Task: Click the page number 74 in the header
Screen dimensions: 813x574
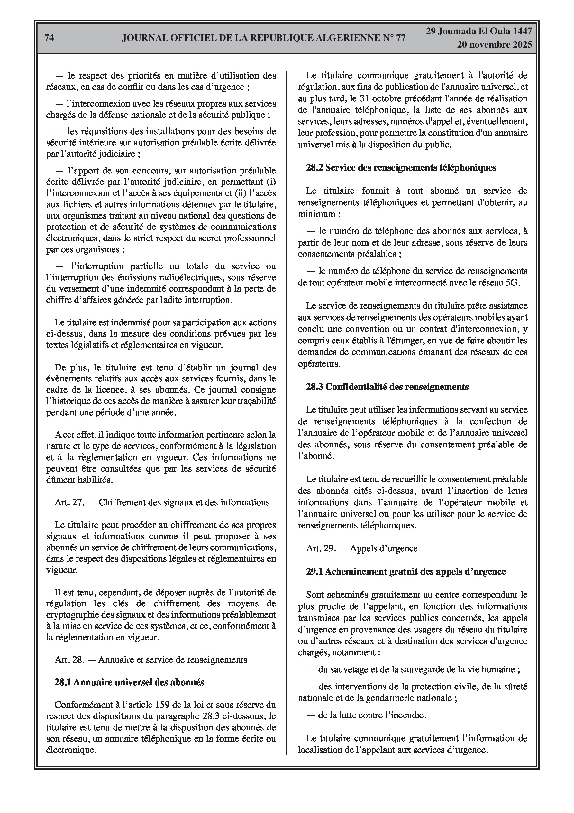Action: click(x=50, y=38)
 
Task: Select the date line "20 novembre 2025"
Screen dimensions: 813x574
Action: click(x=494, y=45)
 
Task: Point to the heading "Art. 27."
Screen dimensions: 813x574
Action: click(x=69, y=502)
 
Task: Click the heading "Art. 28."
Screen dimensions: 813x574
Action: click(x=69, y=660)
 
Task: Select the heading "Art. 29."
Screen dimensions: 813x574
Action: click(x=321, y=548)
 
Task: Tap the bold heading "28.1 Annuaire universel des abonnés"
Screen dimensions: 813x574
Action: click(x=129, y=682)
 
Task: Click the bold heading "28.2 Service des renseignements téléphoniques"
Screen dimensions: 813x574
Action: click(x=401, y=167)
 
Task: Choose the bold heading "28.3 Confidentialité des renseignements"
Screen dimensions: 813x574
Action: click(x=387, y=387)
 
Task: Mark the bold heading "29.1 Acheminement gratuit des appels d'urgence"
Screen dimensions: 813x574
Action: click(x=406, y=572)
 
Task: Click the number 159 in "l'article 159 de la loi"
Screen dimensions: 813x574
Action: click(x=158, y=705)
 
